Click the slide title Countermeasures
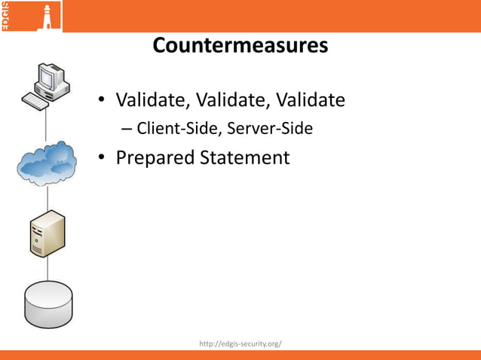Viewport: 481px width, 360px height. [240, 46]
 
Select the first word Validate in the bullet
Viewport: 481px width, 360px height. [152, 99]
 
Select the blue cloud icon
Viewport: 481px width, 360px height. [47, 163]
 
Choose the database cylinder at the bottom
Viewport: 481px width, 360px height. [49, 301]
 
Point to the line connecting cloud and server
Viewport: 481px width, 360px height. [48, 199]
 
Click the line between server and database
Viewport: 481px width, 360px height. [48, 267]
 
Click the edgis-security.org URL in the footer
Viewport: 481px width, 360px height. [240, 343]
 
